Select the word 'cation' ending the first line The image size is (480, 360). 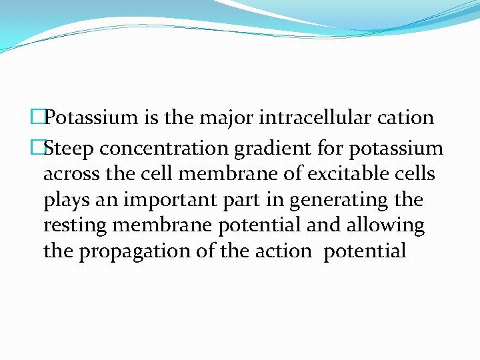click(x=406, y=119)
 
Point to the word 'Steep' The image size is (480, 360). click(x=71, y=148)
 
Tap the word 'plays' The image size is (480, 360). click(x=65, y=200)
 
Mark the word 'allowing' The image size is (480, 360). click(x=385, y=225)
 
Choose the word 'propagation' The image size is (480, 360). click(x=139, y=251)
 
